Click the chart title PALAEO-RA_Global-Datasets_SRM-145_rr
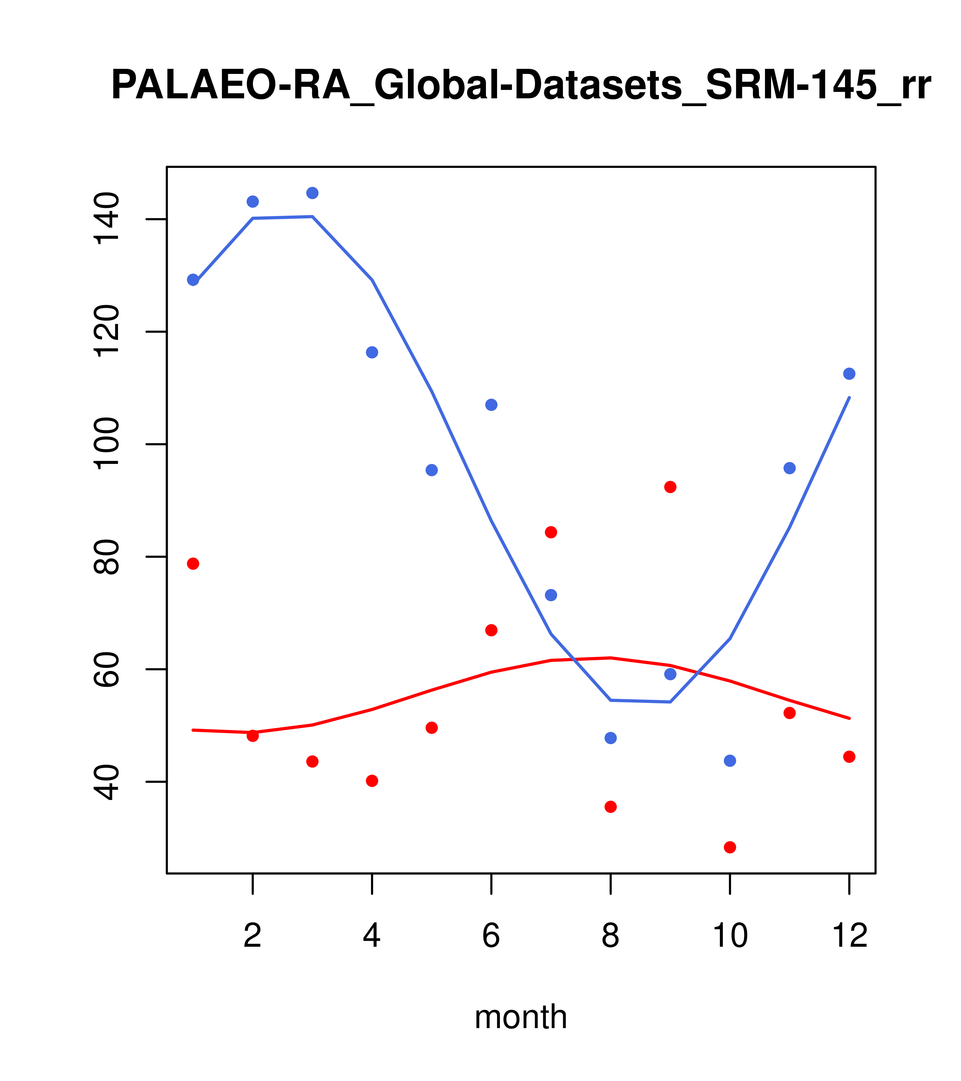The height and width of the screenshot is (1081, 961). (521, 86)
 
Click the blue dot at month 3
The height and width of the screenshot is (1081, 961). (313, 193)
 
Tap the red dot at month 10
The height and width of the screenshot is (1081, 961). (730, 847)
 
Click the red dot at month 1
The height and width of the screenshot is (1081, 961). (193, 564)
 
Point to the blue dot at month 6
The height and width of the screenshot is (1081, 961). (491, 405)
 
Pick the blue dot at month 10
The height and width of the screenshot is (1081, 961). (730, 761)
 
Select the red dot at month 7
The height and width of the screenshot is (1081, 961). (551, 532)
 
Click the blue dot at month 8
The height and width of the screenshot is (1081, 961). (610, 738)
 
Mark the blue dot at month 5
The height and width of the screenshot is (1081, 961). (432, 470)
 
